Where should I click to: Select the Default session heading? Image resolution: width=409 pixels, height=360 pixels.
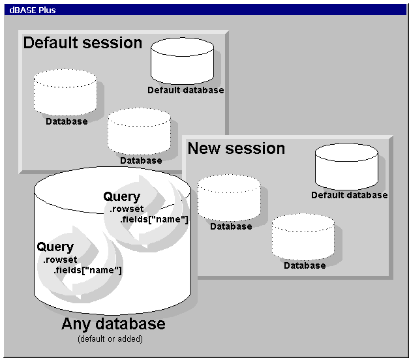[x=82, y=43]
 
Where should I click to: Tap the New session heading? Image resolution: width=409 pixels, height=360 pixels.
[x=236, y=149]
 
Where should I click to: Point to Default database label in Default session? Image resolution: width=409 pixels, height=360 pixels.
[x=185, y=90]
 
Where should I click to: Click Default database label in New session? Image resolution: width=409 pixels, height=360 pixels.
[x=349, y=195]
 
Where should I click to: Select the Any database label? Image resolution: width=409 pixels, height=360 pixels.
[x=113, y=323]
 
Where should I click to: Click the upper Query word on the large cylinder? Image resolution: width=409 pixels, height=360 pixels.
[x=121, y=196]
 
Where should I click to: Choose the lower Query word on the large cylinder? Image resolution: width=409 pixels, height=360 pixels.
[x=55, y=247]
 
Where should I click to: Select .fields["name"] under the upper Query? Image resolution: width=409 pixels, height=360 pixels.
[x=155, y=220]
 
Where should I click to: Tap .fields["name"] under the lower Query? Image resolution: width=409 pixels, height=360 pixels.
[x=87, y=270]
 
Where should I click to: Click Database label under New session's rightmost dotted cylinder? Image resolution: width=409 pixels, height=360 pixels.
[x=304, y=265]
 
